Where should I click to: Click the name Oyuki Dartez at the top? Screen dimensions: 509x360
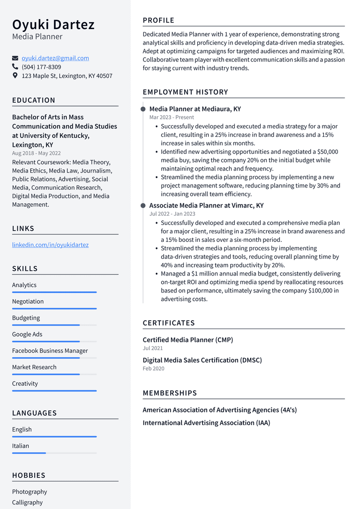[53, 24]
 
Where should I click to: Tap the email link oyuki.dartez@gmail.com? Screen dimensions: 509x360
[55, 58]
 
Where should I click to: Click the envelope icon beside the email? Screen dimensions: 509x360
[15, 58]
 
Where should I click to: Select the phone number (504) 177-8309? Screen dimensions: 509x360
[41, 67]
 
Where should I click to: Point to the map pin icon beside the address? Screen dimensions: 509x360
[15, 75]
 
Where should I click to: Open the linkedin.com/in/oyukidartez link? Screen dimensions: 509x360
[50, 245]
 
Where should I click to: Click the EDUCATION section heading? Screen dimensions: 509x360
[34, 100]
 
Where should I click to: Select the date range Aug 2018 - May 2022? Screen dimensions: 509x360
[36, 153]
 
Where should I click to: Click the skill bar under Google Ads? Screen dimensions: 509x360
[54, 341]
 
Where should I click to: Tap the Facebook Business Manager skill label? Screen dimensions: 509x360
[50, 351]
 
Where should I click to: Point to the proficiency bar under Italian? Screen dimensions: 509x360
[54, 453]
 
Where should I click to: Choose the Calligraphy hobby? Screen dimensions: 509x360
[27, 502]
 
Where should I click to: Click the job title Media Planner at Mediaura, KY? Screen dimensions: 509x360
[195, 109]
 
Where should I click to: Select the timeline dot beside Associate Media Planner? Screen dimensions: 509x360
[143, 205]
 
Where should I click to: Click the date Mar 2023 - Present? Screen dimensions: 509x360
[172, 117]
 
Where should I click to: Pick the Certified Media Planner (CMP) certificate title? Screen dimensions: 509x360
[187, 340]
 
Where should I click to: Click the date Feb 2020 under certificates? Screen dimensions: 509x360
[153, 368]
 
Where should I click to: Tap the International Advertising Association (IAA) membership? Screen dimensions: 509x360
[206, 423]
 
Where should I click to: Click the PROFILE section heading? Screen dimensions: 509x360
[158, 20]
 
